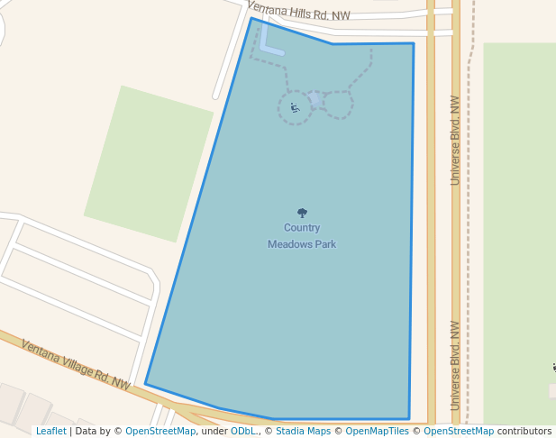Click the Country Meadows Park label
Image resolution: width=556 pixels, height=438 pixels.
click(x=302, y=236)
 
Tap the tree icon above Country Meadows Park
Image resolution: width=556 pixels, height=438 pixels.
click(x=302, y=214)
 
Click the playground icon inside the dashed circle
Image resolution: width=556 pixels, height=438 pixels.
click(x=295, y=108)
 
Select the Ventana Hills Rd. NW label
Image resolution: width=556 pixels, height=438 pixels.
click(x=298, y=11)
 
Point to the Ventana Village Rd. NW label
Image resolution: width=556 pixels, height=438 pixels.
click(x=76, y=365)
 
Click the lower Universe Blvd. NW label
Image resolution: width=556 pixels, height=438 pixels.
click(x=455, y=365)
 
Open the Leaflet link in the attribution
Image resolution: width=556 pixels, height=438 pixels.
click(x=50, y=431)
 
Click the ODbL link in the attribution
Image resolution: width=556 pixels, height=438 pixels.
click(x=243, y=431)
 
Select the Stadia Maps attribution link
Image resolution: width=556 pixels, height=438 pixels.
click(x=303, y=431)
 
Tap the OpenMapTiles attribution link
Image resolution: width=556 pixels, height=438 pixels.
click(x=377, y=431)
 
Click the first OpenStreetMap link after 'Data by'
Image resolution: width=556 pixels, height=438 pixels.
click(x=160, y=431)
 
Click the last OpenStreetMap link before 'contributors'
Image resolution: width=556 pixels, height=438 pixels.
click(x=459, y=431)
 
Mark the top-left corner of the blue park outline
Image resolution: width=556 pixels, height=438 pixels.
click(x=251, y=19)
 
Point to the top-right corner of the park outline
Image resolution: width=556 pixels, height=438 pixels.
click(x=414, y=43)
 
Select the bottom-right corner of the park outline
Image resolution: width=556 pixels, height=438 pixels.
click(x=409, y=419)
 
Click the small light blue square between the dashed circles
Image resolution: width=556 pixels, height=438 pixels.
click(x=315, y=98)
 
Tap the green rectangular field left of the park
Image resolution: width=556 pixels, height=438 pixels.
click(x=149, y=163)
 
